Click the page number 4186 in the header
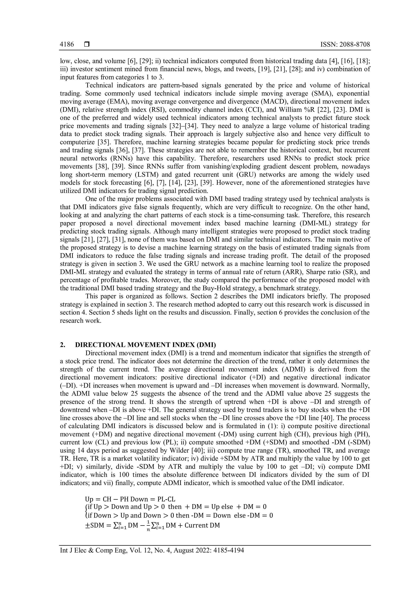[x=67, y=45]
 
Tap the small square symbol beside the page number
[x=87, y=45]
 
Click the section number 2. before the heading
[x=62, y=345]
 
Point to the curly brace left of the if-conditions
[x=87, y=511]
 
